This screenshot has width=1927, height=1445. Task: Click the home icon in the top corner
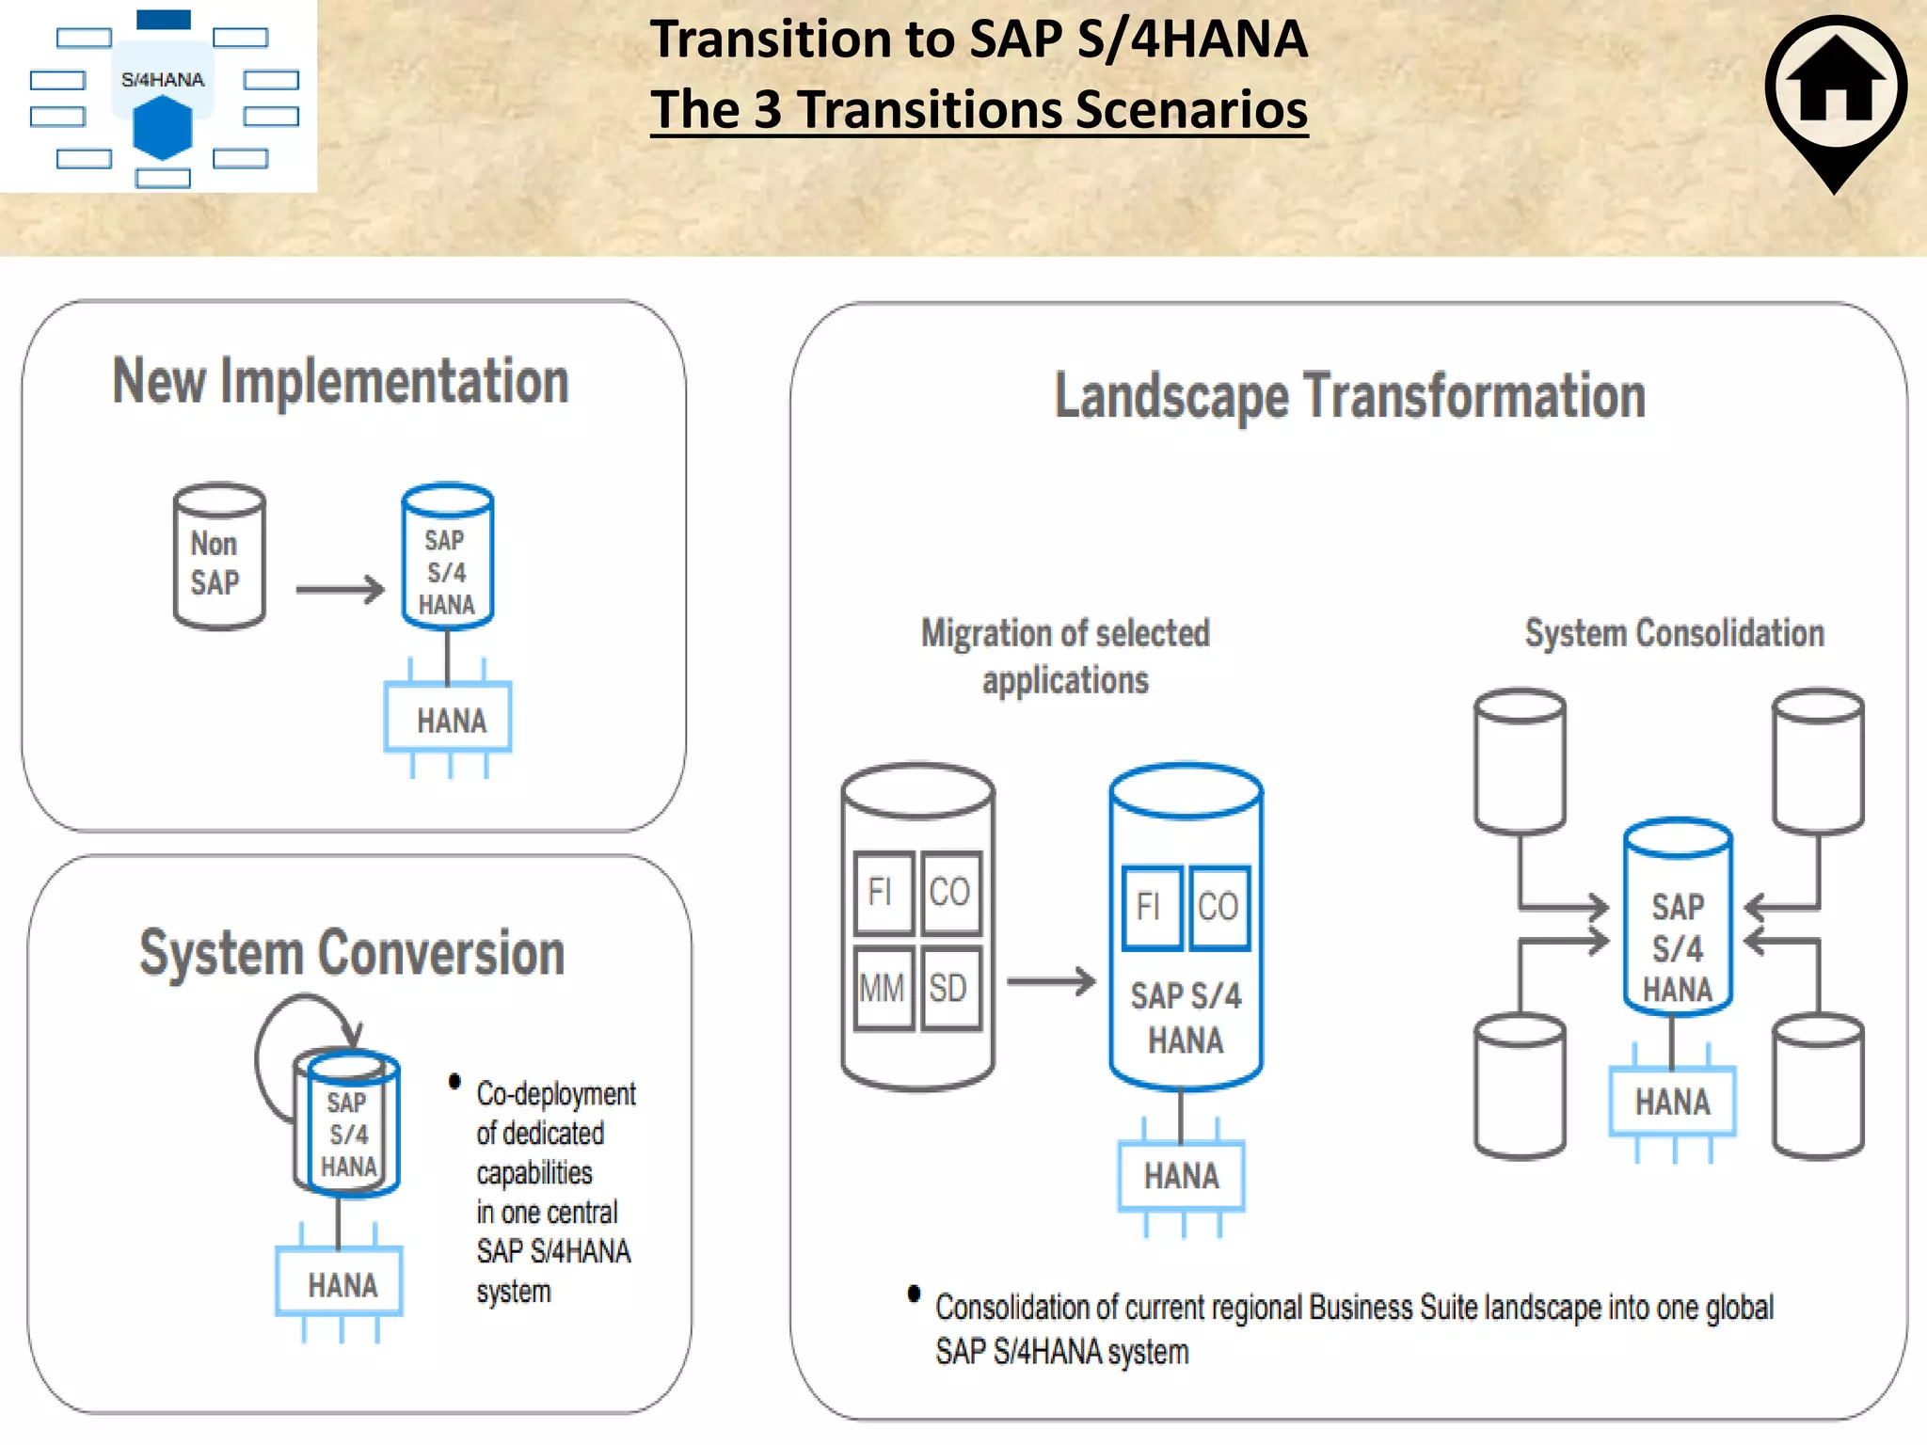pyautogui.click(x=1836, y=89)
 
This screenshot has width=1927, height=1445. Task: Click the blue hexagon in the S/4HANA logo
pyautogui.click(x=163, y=128)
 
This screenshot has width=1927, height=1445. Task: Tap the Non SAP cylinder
pyautogui.click(x=218, y=558)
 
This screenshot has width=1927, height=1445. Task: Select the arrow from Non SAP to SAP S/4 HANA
pyautogui.click(x=340, y=590)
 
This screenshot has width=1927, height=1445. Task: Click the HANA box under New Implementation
pyautogui.click(x=449, y=720)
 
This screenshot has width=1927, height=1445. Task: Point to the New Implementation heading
pyautogui.click(x=341, y=382)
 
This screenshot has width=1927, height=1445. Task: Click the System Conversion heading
pyautogui.click(x=352, y=953)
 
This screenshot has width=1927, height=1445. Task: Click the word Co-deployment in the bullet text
pyautogui.click(x=555, y=1094)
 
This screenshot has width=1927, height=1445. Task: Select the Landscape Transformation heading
pyautogui.click(x=1349, y=396)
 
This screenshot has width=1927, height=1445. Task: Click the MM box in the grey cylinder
pyautogui.click(x=883, y=989)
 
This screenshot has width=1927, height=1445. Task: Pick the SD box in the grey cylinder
pyautogui.click(x=950, y=989)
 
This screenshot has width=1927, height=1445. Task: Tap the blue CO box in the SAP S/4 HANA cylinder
pyautogui.click(x=1218, y=907)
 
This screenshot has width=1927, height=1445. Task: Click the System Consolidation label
pyautogui.click(x=1674, y=633)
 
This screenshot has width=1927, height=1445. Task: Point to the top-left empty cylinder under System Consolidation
pyautogui.click(x=1520, y=762)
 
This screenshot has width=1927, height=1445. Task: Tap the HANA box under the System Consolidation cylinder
pyautogui.click(x=1672, y=1102)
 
